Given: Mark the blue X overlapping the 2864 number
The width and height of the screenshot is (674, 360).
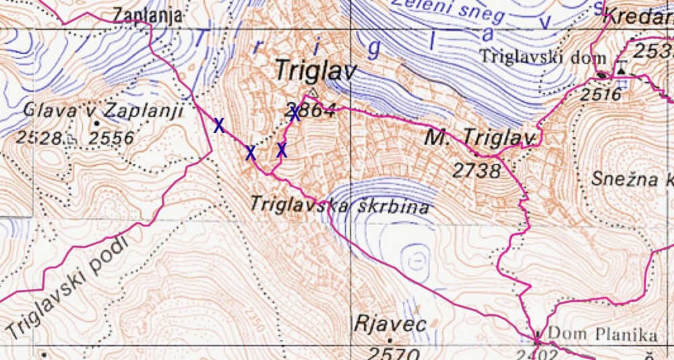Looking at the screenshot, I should click(x=295, y=113).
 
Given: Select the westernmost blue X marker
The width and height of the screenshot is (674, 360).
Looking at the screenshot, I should click(x=218, y=125).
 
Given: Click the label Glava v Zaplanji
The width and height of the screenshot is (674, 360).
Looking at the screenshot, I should click(x=103, y=110).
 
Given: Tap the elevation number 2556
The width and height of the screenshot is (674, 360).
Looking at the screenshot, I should click(x=112, y=138).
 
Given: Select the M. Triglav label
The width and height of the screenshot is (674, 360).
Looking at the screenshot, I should click(x=479, y=138).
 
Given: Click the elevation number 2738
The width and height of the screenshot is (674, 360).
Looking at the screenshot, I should click(x=477, y=171).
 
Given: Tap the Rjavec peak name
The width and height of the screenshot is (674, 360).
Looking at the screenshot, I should click(x=390, y=325).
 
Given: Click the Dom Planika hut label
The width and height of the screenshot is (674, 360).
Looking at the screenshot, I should click(x=603, y=334).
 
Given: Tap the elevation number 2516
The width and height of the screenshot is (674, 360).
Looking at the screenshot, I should click(x=600, y=94).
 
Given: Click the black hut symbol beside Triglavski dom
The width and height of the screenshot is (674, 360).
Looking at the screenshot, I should click(x=601, y=74).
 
